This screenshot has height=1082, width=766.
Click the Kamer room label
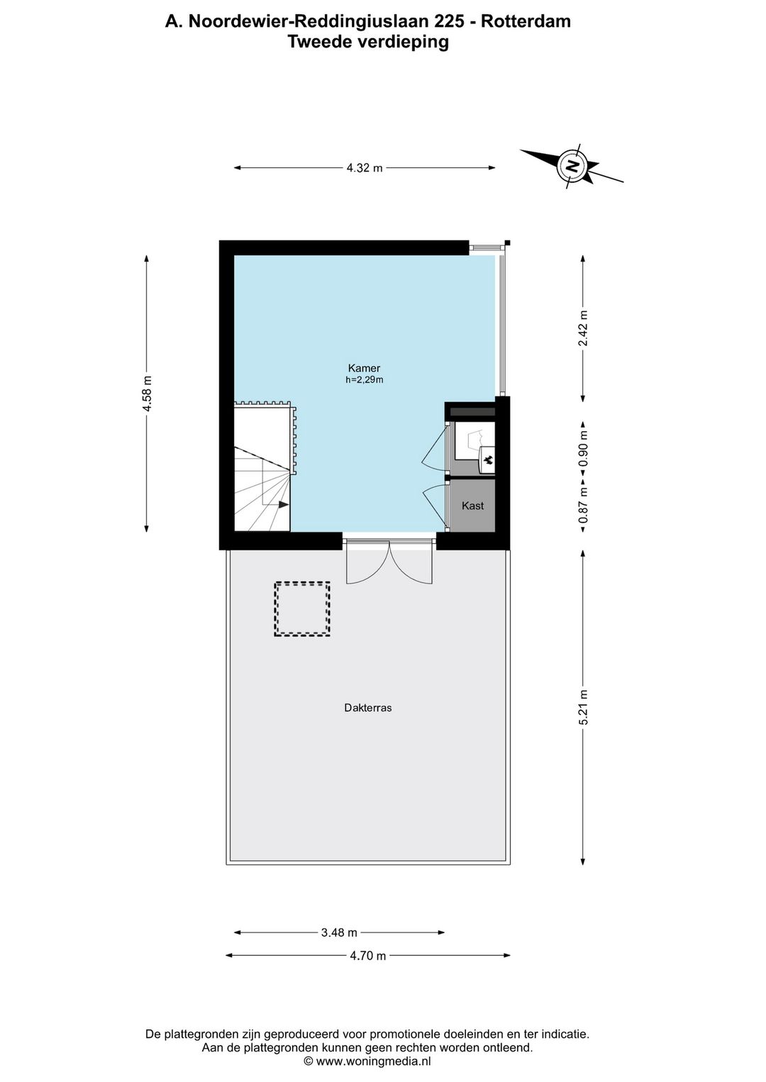pos(364,368)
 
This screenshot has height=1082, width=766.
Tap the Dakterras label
pos(368,708)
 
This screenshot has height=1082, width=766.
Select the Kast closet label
pos(472,506)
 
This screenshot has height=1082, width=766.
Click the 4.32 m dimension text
pos(365,168)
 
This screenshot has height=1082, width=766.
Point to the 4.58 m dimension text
pos(147,394)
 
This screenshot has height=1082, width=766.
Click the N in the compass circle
pos(572,166)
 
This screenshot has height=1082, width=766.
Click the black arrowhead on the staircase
pos(284,505)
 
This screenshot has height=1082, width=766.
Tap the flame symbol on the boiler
pos(488,460)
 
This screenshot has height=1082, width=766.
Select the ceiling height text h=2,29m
pos(365,379)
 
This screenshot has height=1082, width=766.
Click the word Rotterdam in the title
pos(526,21)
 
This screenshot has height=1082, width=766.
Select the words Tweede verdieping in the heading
pos(368,42)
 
